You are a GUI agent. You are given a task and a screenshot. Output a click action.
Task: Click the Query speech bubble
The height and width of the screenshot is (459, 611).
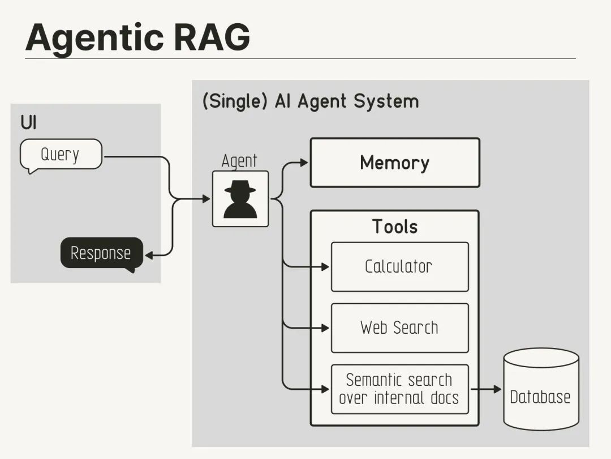pos(61,155)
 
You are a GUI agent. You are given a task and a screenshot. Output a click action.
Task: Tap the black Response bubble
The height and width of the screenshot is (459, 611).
pos(101,253)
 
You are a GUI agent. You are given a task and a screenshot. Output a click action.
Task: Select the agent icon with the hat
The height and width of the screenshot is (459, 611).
pos(240,199)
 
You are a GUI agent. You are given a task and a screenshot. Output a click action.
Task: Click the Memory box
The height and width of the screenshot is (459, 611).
pos(395,163)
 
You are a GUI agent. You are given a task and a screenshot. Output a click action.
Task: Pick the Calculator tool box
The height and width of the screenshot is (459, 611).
pos(399,267)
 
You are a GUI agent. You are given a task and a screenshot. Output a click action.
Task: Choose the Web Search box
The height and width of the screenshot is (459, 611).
pos(399,328)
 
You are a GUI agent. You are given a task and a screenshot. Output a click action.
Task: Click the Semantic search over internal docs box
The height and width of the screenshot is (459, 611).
pos(399,389)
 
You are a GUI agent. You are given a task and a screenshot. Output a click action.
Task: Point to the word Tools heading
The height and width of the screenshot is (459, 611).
pos(395,227)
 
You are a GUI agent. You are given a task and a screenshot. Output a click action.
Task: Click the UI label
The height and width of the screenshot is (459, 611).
pos(28,122)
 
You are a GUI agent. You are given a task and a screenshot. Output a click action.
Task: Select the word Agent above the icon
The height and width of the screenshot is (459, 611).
pos(239,161)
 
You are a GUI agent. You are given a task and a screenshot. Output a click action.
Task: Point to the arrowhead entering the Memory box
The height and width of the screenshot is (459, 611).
pos(304,163)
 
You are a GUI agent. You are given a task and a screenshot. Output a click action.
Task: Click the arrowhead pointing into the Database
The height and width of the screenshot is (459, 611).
pos(497,389)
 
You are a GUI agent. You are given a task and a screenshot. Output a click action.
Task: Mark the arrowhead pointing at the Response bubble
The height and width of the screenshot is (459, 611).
pos(149,256)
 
